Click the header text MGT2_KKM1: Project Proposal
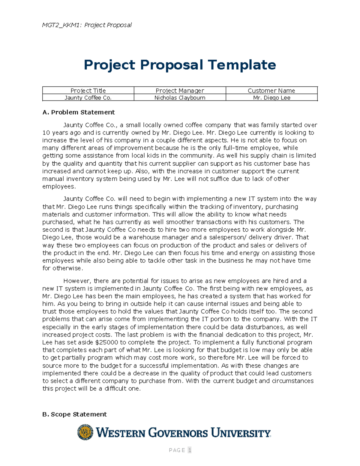click(x=87, y=25)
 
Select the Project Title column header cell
click(x=88, y=90)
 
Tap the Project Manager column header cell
click(x=180, y=90)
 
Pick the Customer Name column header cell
click(x=271, y=90)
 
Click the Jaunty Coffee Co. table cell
click(x=88, y=98)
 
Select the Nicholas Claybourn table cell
click(x=180, y=98)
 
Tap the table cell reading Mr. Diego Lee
click(x=271, y=98)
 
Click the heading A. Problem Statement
click(x=79, y=112)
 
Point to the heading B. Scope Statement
click(x=74, y=414)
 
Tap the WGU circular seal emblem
click(x=85, y=432)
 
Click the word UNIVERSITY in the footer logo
click(x=241, y=433)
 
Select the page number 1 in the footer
click(x=190, y=450)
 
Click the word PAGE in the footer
click(x=177, y=450)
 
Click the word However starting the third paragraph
click(x=76, y=281)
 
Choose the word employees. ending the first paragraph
click(x=59, y=187)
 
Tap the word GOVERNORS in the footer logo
click(x=178, y=433)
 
